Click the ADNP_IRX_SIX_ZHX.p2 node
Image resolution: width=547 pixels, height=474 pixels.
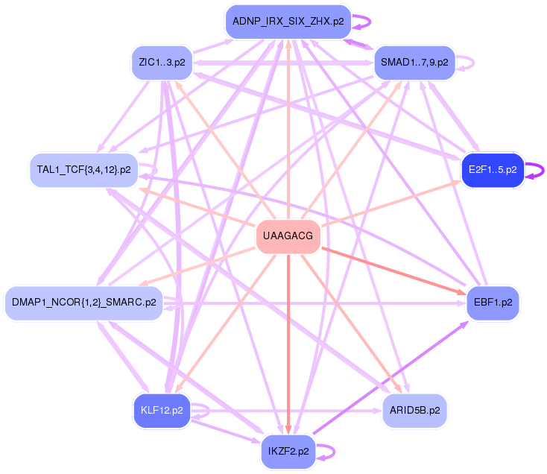(288, 22)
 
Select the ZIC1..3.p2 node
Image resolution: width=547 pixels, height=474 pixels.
(162, 63)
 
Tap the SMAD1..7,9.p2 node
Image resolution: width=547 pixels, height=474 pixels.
(414, 63)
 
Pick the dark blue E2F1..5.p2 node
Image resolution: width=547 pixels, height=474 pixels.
(493, 170)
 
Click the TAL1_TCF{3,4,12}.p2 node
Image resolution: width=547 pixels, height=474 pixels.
(83, 170)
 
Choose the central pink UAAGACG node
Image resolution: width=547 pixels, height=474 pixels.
(288, 236)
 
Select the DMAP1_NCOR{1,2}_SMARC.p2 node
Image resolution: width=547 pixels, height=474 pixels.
(83, 303)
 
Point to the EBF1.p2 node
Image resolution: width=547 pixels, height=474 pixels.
(493, 303)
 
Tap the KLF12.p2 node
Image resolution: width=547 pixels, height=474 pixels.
(162, 411)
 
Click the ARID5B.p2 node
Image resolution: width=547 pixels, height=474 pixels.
(414, 411)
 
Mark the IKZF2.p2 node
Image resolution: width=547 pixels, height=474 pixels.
(288, 452)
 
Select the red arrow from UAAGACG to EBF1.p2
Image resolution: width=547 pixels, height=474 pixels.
(393, 271)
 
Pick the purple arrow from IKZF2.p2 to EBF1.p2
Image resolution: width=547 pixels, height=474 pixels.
(391, 378)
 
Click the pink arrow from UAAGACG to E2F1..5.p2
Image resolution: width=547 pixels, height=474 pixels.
(391, 203)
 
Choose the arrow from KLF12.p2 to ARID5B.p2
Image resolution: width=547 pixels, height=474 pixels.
(286, 411)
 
